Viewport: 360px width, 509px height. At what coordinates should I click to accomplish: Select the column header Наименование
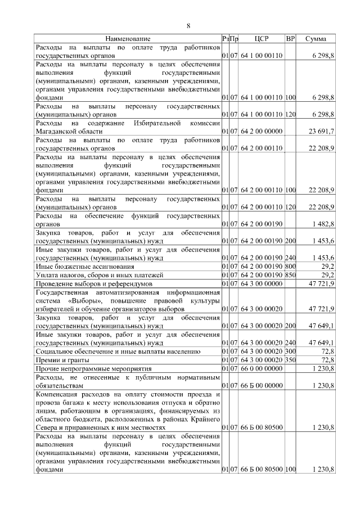point(128,39)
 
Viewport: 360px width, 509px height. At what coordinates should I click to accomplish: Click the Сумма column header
point(317,39)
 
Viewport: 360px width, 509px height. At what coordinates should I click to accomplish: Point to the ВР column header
point(290,39)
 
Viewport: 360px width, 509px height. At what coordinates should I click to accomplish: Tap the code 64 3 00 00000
point(262,284)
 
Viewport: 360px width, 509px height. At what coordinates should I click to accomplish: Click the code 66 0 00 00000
point(262,368)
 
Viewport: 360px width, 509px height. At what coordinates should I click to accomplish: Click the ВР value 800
point(290,266)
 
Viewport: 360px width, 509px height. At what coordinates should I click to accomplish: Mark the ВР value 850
point(290,275)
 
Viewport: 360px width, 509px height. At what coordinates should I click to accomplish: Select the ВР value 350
point(290,359)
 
